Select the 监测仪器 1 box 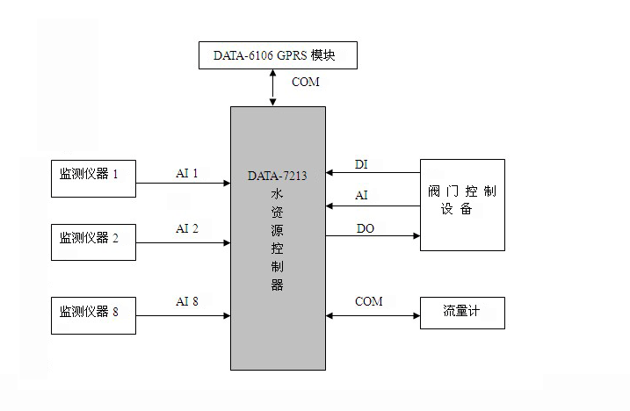[x=93, y=175]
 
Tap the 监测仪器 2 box [x=93, y=237]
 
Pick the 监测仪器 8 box [x=93, y=310]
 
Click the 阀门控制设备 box [x=462, y=204]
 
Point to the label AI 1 [x=187, y=174]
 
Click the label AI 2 [x=187, y=229]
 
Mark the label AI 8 [x=187, y=302]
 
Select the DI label [x=361, y=164]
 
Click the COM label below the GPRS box [x=306, y=83]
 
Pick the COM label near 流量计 [x=369, y=302]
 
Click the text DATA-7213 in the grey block [x=278, y=177]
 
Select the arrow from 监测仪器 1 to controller [x=184, y=184]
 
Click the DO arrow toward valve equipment [x=373, y=235]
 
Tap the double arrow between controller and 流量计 [x=373, y=314]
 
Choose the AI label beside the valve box [x=361, y=196]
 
